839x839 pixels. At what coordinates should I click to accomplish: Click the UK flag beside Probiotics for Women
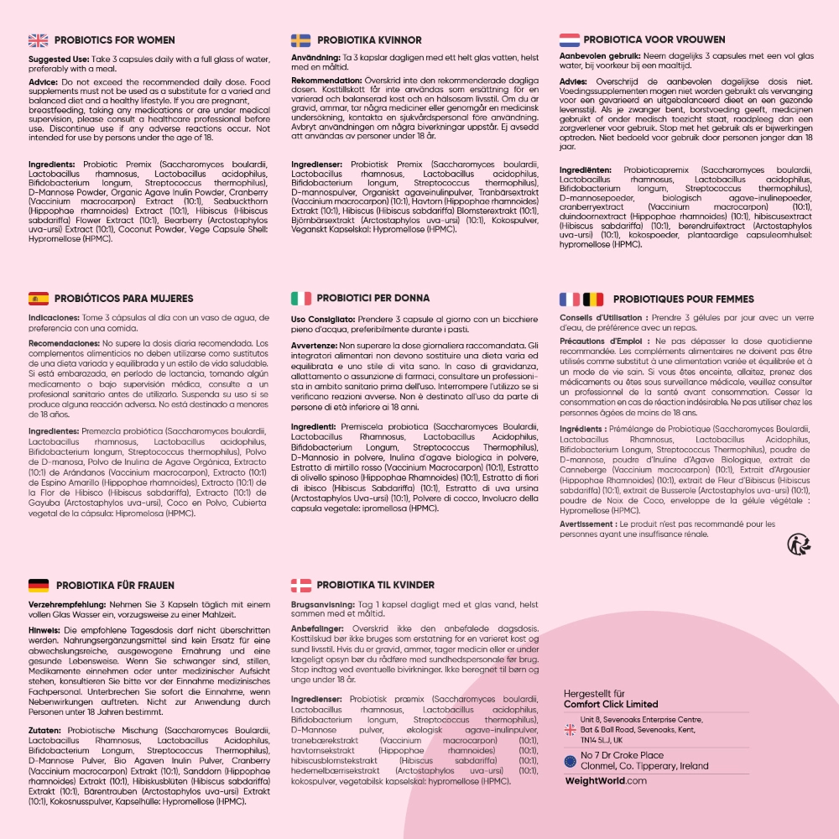(x=38, y=40)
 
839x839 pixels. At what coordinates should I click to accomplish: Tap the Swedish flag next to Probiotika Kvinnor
(x=301, y=40)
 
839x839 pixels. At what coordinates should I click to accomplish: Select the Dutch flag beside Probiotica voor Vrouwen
(x=570, y=39)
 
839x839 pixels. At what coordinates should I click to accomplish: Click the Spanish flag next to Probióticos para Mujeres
(x=39, y=298)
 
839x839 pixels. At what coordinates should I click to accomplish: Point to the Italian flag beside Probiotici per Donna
(x=301, y=298)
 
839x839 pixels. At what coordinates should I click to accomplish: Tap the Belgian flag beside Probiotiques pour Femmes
(x=593, y=299)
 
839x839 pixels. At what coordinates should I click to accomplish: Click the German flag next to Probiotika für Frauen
(x=38, y=585)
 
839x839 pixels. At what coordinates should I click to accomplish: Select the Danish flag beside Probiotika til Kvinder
(x=301, y=585)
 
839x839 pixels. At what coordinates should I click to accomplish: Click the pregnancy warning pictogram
(x=798, y=545)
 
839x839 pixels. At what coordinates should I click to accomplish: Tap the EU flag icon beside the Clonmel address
(x=570, y=761)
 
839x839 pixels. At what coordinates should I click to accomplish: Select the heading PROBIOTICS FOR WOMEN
(x=115, y=40)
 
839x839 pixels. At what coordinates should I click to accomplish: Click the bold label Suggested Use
(x=58, y=60)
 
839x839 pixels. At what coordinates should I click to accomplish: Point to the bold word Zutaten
(x=47, y=731)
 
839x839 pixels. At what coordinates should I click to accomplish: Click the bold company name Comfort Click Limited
(x=611, y=705)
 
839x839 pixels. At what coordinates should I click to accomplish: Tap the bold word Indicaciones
(x=53, y=318)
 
